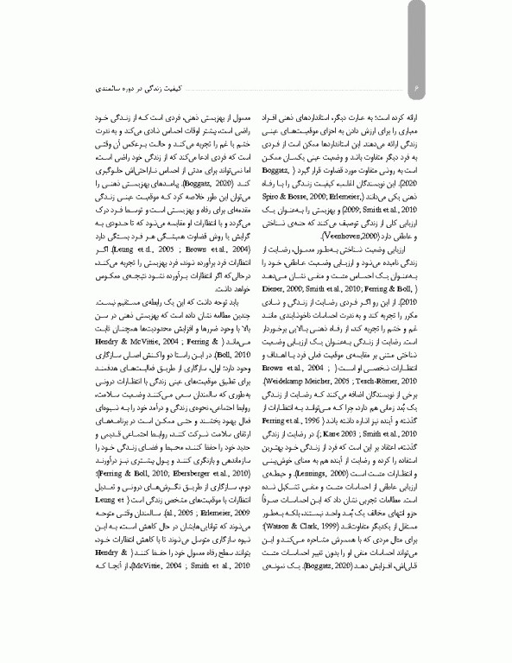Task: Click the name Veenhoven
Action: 313,210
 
